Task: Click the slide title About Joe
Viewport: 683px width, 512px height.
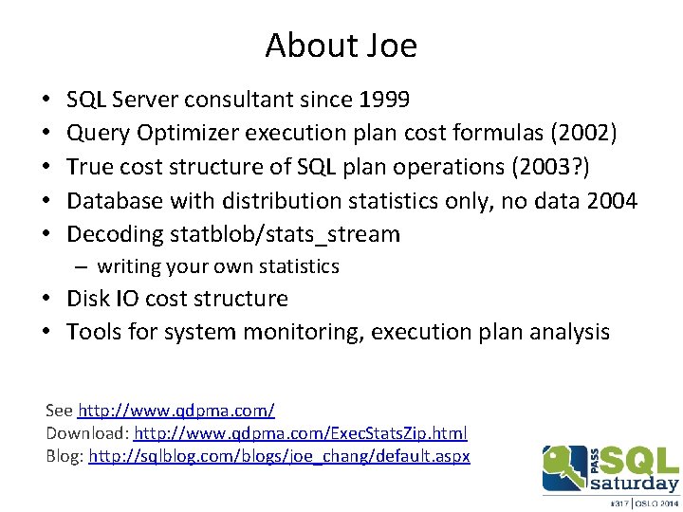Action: click(341, 46)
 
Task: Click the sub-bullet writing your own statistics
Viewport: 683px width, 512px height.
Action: click(217, 266)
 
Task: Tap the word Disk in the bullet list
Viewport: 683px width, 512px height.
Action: click(86, 299)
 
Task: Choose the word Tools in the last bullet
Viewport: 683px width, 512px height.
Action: click(93, 332)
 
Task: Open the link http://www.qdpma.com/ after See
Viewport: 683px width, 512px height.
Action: click(175, 411)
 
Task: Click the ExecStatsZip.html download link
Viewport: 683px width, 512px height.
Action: click(301, 433)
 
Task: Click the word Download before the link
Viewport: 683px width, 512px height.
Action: click(86, 433)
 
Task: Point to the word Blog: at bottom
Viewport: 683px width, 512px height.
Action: click(65, 456)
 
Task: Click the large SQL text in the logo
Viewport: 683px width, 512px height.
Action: click(641, 461)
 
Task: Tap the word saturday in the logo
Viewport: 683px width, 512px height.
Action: click(635, 483)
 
